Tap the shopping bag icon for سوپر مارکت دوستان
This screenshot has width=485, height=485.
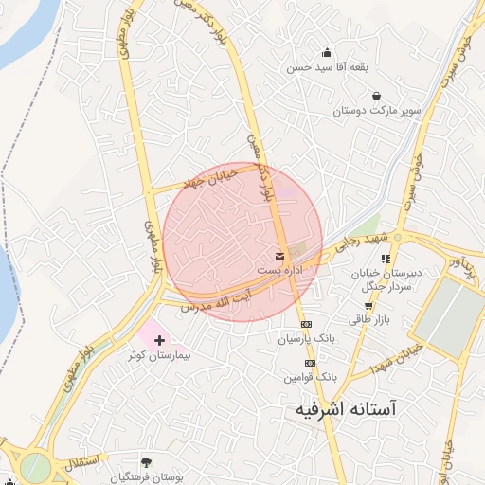[377, 97]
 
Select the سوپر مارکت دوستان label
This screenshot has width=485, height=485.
[375, 112]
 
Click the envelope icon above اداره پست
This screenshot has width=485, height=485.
[279, 256]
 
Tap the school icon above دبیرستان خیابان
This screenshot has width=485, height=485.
[386, 259]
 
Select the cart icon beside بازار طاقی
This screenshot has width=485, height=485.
[368, 306]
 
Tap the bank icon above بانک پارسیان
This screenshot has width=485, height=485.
[306, 324]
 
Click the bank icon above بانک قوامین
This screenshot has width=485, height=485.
[309, 363]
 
